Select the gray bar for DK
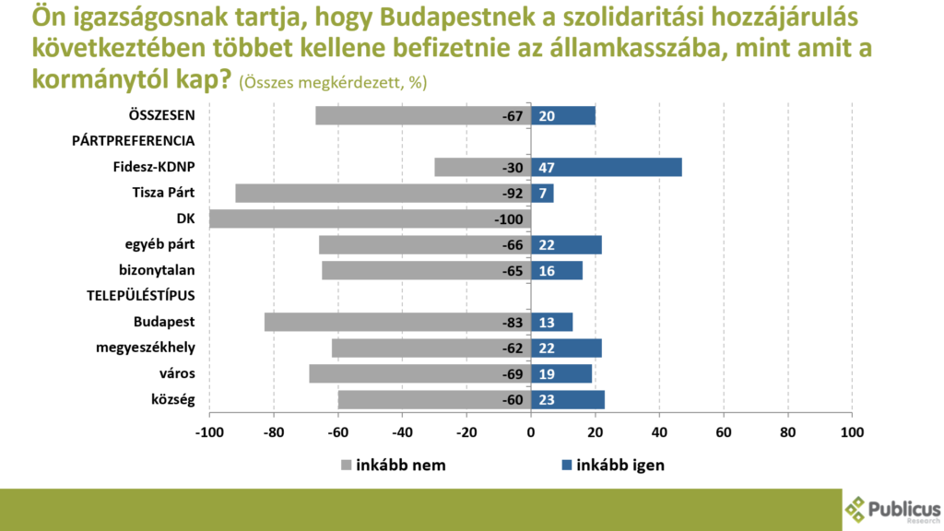369,218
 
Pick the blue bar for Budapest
552,322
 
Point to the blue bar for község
568,399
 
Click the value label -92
512,193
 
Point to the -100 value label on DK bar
508,218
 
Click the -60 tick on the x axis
337,431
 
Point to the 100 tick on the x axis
851,431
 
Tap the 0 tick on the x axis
531,431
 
